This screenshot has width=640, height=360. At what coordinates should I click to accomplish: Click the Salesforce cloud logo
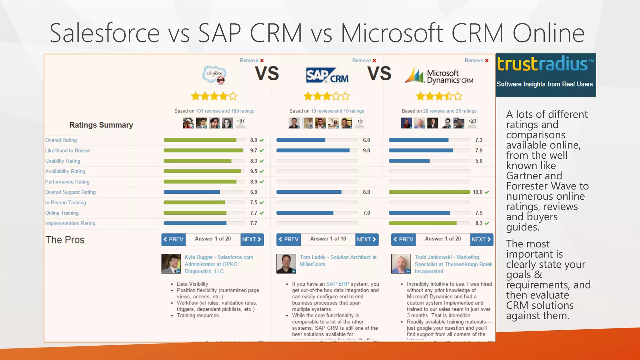tap(214, 74)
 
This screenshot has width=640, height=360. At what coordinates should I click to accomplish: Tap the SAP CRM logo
tap(327, 75)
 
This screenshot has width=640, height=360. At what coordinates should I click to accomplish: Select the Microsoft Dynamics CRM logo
tap(439, 76)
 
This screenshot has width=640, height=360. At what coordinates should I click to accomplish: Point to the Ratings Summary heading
tap(101, 125)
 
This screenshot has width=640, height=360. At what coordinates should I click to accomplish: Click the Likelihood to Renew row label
tap(67, 151)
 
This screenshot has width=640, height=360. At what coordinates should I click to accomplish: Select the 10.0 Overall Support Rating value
tap(477, 192)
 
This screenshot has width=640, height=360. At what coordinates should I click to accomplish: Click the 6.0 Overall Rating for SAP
tap(366, 140)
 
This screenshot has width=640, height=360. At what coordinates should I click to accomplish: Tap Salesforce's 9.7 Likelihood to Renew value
tap(253, 151)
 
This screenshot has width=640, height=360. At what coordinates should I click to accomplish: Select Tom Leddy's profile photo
tap(286, 264)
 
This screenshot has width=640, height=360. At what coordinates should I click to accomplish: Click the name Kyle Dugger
tap(199, 257)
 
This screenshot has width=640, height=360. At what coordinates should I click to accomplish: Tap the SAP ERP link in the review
tap(337, 284)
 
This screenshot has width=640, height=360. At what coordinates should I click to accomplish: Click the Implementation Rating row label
tap(70, 223)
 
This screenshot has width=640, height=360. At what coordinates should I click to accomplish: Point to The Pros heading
tap(65, 240)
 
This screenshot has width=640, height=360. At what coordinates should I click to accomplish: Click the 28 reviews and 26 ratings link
tap(449, 111)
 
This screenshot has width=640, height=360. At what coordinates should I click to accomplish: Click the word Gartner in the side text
tap(522, 176)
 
